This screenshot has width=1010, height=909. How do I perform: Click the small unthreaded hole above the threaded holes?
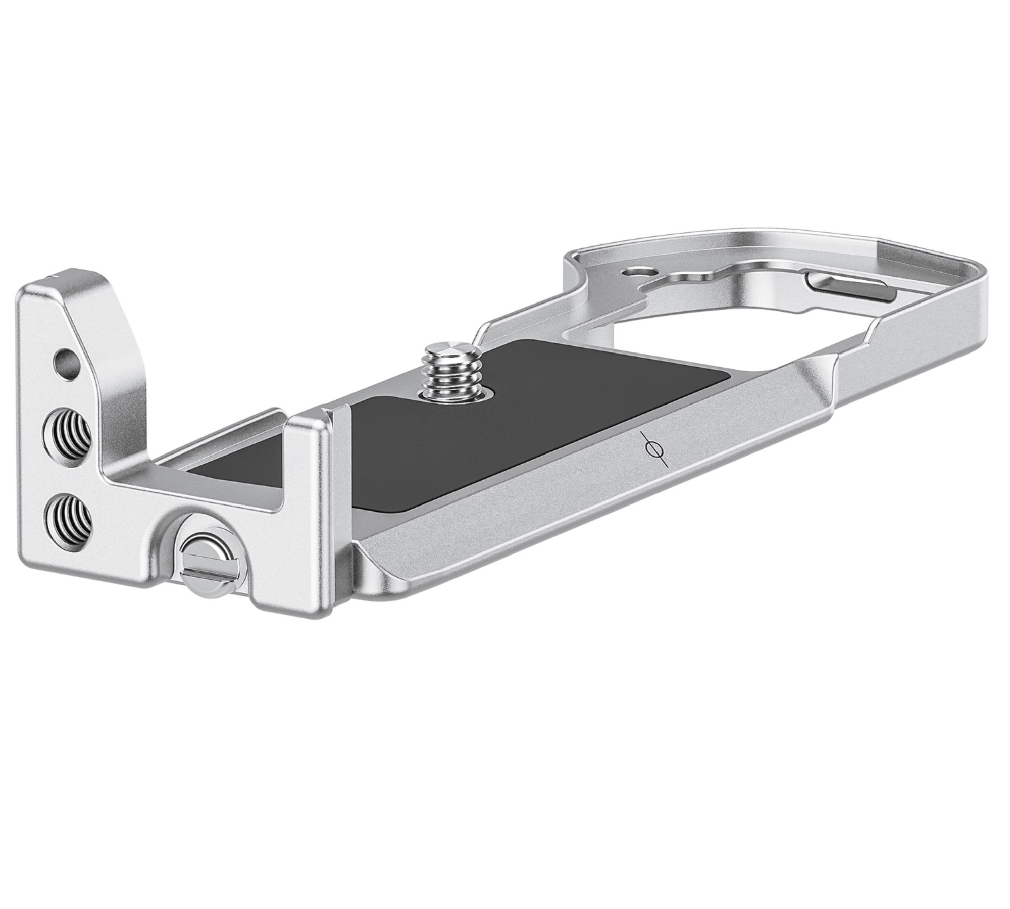click(67, 361)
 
